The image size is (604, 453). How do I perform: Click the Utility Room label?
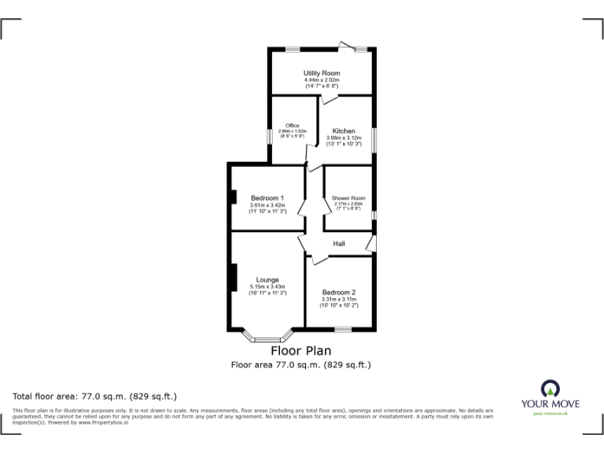click(x=321, y=72)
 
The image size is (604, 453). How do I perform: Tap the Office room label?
click(x=292, y=126)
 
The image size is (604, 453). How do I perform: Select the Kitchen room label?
click(x=343, y=131)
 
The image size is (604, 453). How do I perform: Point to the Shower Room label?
click(x=348, y=198)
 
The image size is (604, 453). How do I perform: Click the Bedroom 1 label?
click(x=267, y=198)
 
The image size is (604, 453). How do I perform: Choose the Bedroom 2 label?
click(x=339, y=293)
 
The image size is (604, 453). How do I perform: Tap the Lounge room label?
click(x=267, y=279)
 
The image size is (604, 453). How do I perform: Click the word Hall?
click(x=338, y=244)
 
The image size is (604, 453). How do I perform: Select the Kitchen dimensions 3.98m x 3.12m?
click(x=343, y=138)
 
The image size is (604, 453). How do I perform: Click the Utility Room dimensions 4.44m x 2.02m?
click(x=321, y=79)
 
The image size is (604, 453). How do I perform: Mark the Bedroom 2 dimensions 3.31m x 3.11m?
click(x=339, y=300)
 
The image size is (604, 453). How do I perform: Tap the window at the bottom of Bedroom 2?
click(x=343, y=328)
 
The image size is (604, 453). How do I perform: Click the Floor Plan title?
click(x=301, y=351)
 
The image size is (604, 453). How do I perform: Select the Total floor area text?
click(x=95, y=396)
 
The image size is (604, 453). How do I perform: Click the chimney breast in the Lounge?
click(x=233, y=278)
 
